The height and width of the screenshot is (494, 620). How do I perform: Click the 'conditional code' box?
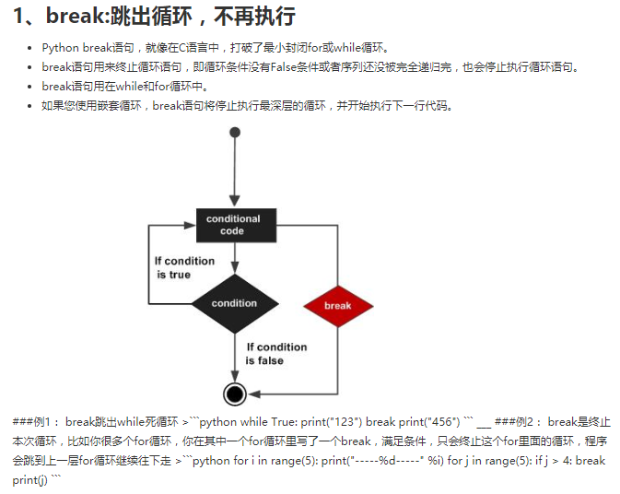tap(232, 225)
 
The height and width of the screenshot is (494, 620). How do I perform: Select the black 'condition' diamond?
tap(234, 303)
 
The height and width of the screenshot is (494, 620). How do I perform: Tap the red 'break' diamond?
tap(337, 306)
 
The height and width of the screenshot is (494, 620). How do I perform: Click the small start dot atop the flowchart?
tap(235, 133)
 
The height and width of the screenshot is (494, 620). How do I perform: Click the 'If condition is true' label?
tap(184, 267)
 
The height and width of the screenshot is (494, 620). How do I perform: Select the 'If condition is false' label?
tap(275, 353)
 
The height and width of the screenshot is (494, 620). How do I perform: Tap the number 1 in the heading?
tap(19, 17)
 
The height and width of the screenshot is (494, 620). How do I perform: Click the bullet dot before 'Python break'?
tap(30, 48)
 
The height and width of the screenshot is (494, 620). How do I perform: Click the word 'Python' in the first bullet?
tap(61, 48)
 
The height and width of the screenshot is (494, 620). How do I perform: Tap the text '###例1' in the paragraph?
tap(36, 422)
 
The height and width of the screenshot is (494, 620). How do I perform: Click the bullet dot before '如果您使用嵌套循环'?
tap(30, 106)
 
